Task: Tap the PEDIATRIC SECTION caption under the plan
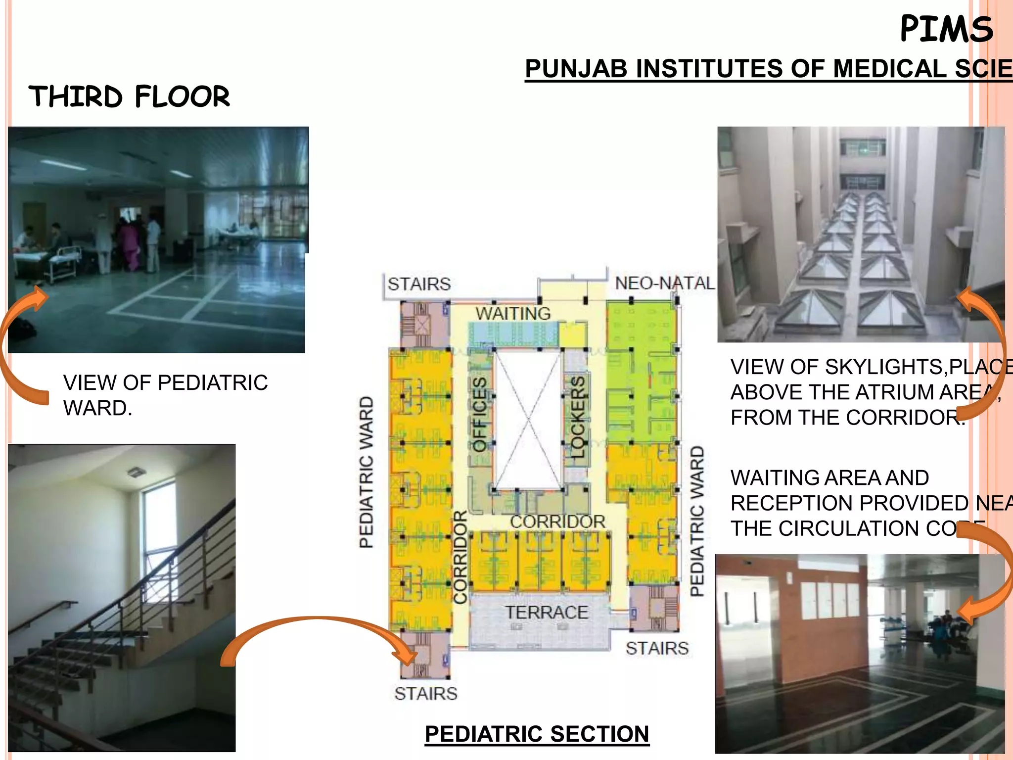click(x=537, y=734)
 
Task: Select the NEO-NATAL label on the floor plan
click(x=664, y=283)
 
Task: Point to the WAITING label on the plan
click(x=513, y=313)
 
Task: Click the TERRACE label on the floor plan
click(x=547, y=612)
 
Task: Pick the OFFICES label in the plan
click(x=479, y=415)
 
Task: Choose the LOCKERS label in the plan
click(x=577, y=417)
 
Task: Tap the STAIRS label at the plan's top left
click(x=419, y=284)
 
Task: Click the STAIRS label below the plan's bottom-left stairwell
click(x=425, y=694)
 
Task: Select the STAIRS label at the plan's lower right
click(x=657, y=648)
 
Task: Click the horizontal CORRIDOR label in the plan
click(x=557, y=521)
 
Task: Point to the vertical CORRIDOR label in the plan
click(x=460, y=557)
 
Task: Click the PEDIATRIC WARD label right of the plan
click(x=697, y=521)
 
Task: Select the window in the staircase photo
click(x=159, y=539)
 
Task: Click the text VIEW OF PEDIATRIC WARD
click(x=165, y=395)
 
